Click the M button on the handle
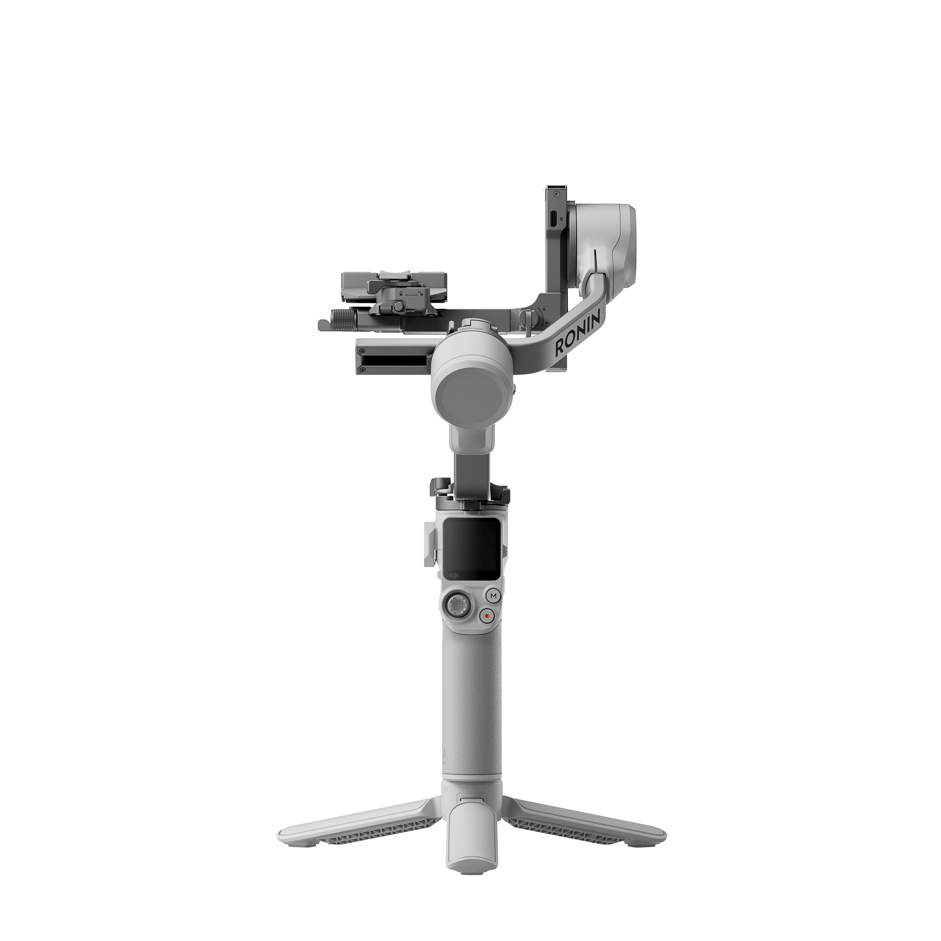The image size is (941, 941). (x=493, y=595)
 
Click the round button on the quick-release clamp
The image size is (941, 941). (x=398, y=306)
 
